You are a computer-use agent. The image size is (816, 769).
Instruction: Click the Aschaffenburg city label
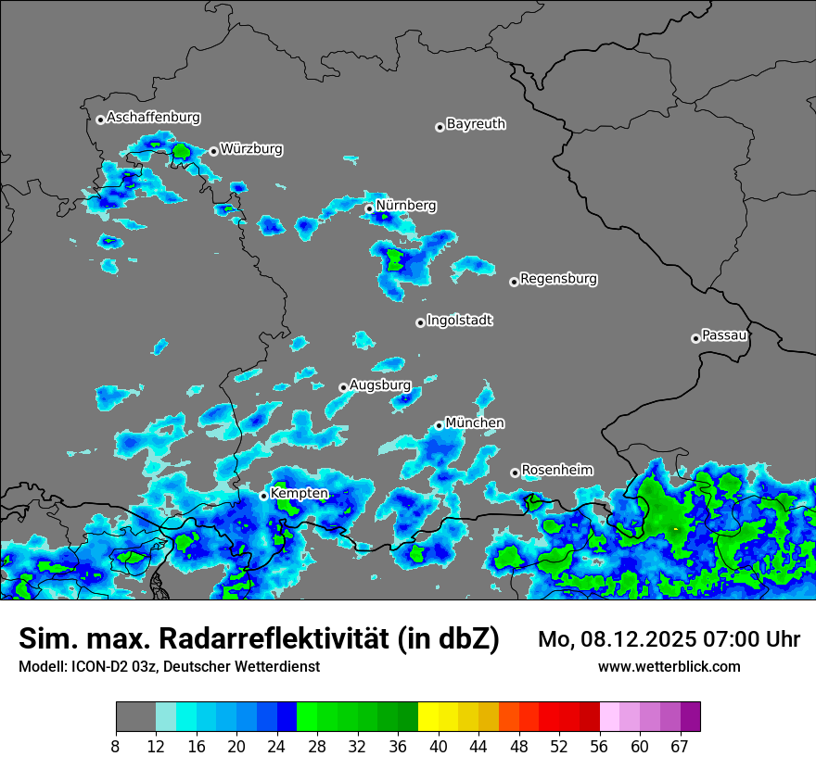point(153,118)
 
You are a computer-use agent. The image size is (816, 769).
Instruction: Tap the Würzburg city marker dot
point(213,151)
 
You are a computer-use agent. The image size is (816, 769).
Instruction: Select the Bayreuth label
point(476,123)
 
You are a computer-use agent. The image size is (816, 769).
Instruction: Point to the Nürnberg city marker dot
point(369,208)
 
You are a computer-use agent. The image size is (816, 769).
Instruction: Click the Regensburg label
point(558,278)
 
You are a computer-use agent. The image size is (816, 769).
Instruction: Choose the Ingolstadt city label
point(459,320)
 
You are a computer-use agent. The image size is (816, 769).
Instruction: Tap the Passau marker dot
point(695,338)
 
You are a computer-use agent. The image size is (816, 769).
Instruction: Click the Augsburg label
point(379,384)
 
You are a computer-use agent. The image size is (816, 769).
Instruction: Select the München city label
point(475,422)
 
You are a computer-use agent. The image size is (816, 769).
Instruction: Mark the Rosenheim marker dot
point(515,473)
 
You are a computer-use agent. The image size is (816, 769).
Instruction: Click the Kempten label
point(299,493)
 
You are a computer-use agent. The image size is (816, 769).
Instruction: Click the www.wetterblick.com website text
point(669,666)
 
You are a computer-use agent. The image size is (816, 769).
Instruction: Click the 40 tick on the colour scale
point(438,747)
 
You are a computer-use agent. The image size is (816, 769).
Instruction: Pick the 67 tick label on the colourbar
point(680,747)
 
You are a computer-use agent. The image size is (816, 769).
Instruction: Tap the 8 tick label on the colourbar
point(116,747)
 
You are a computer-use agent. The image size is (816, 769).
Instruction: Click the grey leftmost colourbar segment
point(135,717)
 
